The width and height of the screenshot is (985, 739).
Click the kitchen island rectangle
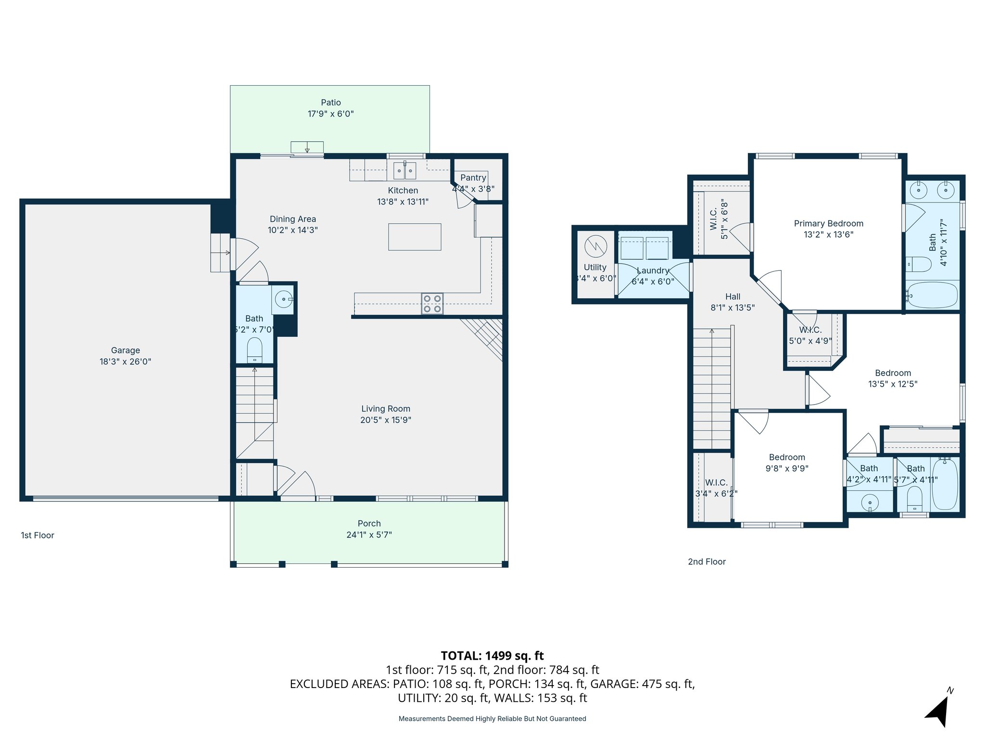point(415,237)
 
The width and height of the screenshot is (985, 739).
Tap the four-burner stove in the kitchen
point(432,304)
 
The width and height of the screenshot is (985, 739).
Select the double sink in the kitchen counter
point(404,170)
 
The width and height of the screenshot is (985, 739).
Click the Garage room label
point(125,350)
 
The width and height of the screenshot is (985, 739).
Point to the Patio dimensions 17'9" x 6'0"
point(330,114)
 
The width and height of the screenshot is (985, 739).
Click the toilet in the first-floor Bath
point(254,350)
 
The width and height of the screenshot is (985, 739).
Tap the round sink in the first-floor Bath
point(283,299)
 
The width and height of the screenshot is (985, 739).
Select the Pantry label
point(473,178)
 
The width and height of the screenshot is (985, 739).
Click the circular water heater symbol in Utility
point(595,246)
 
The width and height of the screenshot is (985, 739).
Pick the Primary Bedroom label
point(828,223)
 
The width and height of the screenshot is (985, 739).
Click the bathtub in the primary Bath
point(932,295)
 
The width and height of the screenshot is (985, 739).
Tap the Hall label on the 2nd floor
point(732,296)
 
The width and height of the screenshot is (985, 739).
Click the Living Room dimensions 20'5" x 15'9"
point(385,420)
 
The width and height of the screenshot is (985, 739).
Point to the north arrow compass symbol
point(938,711)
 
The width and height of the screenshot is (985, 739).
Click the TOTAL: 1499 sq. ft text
point(492,656)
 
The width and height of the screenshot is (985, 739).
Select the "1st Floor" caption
point(38,535)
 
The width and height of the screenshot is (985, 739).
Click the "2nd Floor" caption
point(707,561)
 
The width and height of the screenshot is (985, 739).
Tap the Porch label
point(369,523)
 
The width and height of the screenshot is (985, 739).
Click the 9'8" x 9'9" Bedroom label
point(787,458)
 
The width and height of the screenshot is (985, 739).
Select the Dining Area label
point(292,219)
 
